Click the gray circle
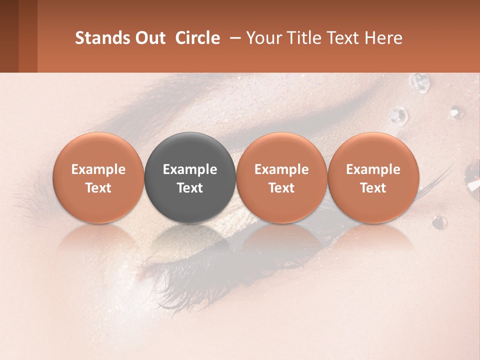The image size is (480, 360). point(190,177)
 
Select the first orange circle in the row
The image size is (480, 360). point(98,177)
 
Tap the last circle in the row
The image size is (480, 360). point(373,177)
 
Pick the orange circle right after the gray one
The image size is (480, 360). point(281,177)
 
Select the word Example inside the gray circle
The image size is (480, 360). point(190,169)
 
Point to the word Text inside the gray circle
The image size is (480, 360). point(190,188)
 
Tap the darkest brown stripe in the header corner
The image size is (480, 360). point(9,36)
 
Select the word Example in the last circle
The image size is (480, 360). point(373,169)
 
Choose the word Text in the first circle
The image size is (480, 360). point(98,188)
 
